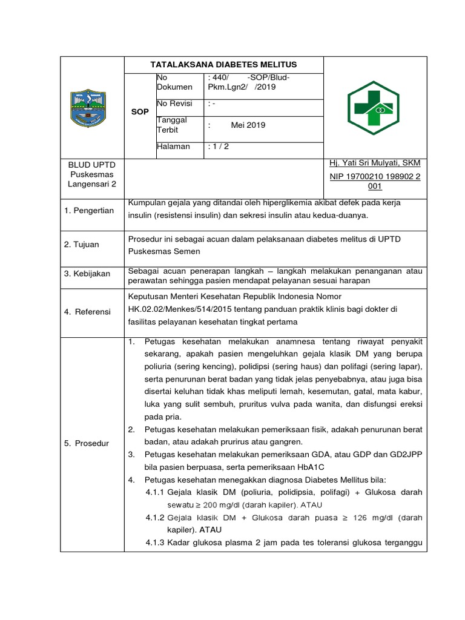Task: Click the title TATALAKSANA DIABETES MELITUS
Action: pos(223,65)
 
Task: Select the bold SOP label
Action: pos(140,112)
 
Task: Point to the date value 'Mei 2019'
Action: pos(248,125)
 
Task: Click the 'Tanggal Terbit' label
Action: pos(172,125)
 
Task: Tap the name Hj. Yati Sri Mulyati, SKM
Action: pos(375,163)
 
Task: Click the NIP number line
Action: pos(375,176)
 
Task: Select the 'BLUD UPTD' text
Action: pos(92,165)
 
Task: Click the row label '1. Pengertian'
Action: pos(89,210)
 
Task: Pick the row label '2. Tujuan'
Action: pos(82,245)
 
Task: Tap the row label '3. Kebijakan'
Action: pos(87,274)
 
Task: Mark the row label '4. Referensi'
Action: pos(88,311)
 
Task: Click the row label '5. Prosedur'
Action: pos(87,444)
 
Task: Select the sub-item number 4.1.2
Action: pos(155,518)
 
